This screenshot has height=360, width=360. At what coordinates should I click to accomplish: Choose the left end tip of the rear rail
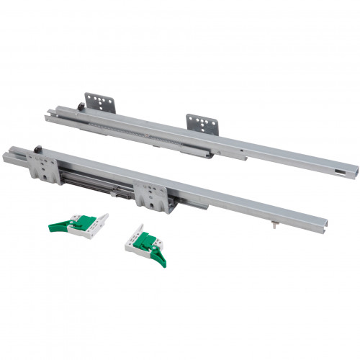coord(48,114)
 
